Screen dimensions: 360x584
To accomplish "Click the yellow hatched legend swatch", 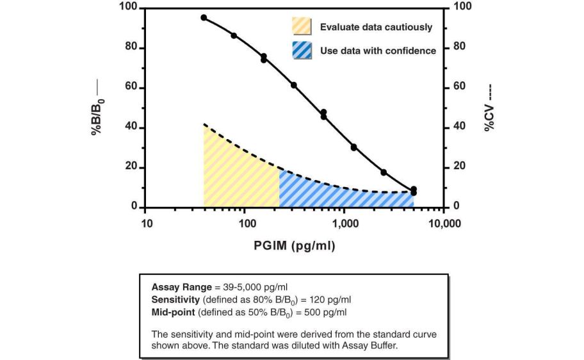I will (x=302, y=26).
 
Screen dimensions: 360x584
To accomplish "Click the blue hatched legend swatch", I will (x=302, y=50).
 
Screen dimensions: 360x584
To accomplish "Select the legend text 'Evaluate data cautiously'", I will (x=376, y=28).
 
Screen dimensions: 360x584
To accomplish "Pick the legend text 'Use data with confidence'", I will (x=378, y=51).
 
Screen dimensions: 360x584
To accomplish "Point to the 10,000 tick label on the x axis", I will (x=444, y=224).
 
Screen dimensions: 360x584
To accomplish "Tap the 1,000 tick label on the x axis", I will (x=345, y=224).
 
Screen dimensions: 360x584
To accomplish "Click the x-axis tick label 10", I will (x=145, y=224).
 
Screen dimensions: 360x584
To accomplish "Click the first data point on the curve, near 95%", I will (x=204, y=17).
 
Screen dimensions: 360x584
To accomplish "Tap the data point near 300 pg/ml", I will (x=294, y=85).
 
